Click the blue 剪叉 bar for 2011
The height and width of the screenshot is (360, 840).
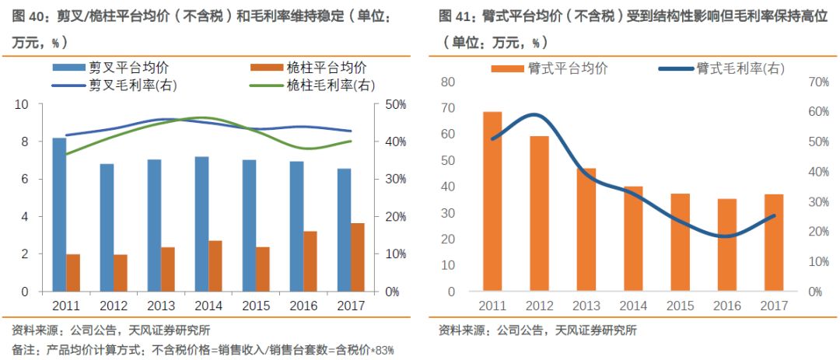pos(59,215)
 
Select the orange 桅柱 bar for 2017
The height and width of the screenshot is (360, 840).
pos(358,257)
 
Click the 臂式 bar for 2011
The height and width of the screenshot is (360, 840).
pos(492,202)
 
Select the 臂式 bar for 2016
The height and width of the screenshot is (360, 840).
pos(726,246)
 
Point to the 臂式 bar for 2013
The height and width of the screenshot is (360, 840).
pos(586,230)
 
